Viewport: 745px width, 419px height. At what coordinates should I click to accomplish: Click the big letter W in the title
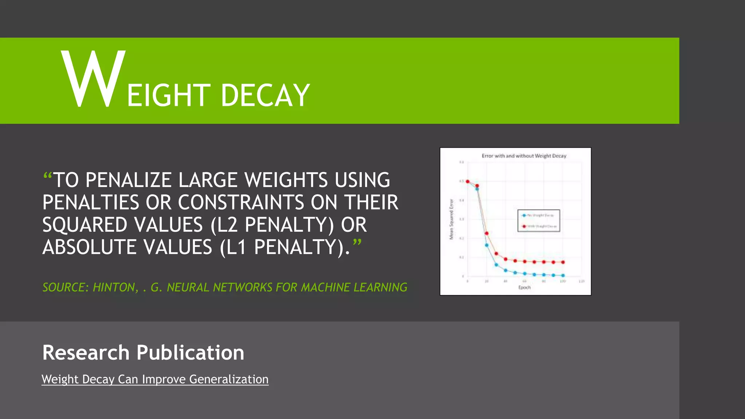(93, 79)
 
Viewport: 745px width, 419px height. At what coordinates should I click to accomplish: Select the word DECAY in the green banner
(265, 95)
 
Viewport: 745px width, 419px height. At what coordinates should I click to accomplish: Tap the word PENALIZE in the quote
(128, 180)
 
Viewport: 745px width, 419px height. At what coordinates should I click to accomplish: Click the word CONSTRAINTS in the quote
(241, 203)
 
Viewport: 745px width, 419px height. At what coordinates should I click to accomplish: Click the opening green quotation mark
(48, 177)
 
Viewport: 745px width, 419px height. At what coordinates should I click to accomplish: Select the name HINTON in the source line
(114, 287)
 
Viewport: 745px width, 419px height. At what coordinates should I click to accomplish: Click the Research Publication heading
(143, 352)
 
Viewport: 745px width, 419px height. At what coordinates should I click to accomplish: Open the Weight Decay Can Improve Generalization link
(155, 379)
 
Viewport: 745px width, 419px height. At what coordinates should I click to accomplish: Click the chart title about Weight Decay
(524, 156)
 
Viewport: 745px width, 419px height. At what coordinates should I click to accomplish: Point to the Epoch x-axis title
(524, 287)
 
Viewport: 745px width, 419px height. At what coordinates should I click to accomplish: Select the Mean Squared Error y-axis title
(451, 219)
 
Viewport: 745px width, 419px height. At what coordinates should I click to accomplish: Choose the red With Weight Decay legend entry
(538, 226)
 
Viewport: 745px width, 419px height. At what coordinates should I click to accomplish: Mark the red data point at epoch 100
(563, 262)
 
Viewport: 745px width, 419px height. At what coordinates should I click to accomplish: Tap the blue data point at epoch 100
(563, 275)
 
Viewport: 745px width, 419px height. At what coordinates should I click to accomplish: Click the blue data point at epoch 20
(487, 245)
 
